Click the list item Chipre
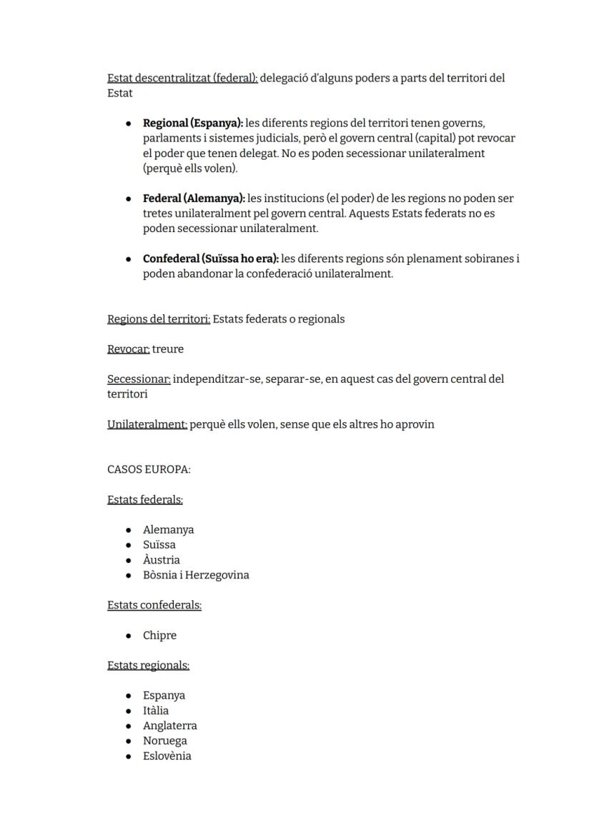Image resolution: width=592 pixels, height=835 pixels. pyautogui.click(x=159, y=636)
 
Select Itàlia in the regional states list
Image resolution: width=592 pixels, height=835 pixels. pyautogui.click(x=156, y=711)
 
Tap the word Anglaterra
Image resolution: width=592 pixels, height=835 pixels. pyautogui.click(x=170, y=726)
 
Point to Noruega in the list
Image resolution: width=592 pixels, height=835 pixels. pyautogui.click(x=165, y=741)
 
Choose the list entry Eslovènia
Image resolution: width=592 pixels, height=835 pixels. pyautogui.click(x=167, y=756)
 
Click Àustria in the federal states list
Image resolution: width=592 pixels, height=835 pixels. pyautogui.click(x=162, y=560)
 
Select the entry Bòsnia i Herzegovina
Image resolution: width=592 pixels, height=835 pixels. pyautogui.click(x=196, y=575)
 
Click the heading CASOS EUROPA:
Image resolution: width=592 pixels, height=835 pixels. pyautogui.click(x=149, y=470)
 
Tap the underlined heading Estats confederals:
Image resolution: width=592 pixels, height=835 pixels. pyautogui.click(x=154, y=605)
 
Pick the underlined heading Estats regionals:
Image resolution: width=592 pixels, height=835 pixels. pyautogui.click(x=148, y=665)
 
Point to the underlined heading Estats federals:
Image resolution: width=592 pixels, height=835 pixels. pyautogui.click(x=145, y=500)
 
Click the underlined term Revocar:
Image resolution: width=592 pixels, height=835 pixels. pyautogui.click(x=129, y=349)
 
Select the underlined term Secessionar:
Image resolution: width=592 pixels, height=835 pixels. pyautogui.click(x=139, y=379)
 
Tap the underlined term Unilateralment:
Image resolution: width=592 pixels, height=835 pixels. pyautogui.click(x=147, y=424)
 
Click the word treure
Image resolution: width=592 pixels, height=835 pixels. pyautogui.click(x=168, y=349)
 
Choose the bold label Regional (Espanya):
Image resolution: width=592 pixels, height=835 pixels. pyautogui.click(x=193, y=124)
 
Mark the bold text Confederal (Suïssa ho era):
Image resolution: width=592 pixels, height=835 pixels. pyautogui.click(x=211, y=259)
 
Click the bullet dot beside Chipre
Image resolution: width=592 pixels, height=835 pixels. pyautogui.click(x=128, y=636)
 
